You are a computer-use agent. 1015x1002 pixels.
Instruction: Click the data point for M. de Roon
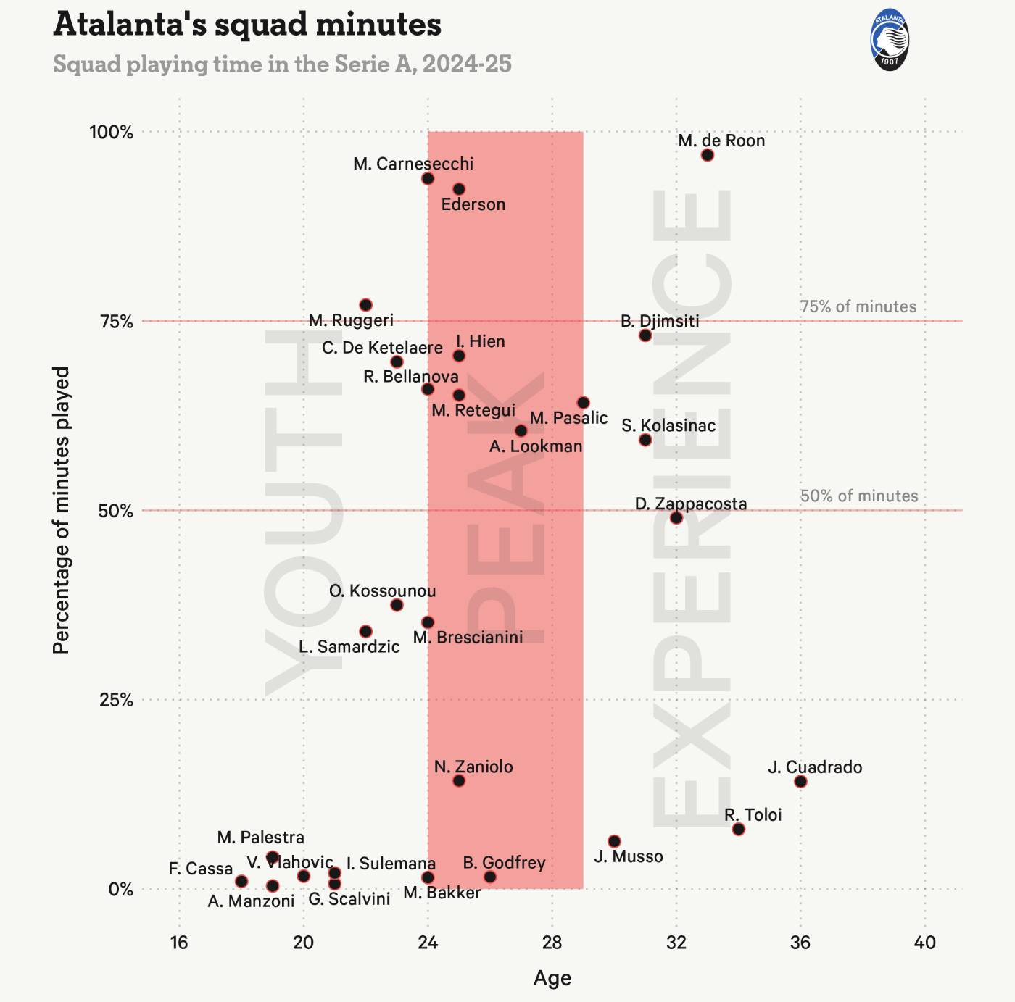pyautogui.click(x=708, y=155)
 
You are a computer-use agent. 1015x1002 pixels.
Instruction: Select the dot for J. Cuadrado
pyautogui.click(x=800, y=781)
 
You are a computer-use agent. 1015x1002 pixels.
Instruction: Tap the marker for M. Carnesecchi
pyautogui.click(x=428, y=178)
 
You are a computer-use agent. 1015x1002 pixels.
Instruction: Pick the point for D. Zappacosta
pyautogui.click(x=676, y=517)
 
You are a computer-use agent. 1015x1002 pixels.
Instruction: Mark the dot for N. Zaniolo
pyautogui.click(x=459, y=780)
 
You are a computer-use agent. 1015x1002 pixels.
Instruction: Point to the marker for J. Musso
pyautogui.click(x=614, y=841)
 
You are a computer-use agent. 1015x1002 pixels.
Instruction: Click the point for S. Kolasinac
pyautogui.click(x=645, y=440)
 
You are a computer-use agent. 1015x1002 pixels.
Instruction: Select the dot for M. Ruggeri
pyautogui.click(x=366, y=305)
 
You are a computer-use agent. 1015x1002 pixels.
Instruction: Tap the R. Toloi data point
pyautogui.click(x=738, y=829)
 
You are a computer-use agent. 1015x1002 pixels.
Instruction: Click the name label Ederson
pyautogui.click(x=473, y=204)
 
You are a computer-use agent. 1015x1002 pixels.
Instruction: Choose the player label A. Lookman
pyautogui.click(x=536, y=446)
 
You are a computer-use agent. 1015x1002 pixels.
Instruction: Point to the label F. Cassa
pyautogui.click(x=201, y=869)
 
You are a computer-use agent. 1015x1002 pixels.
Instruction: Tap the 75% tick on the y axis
pyautogui.click(x=116, y=322)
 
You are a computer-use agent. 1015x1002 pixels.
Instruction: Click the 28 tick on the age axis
pyautogui.click(x=552, y=943)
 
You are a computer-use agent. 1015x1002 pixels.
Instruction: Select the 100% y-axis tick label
pyautogui.click(x=112, y=133)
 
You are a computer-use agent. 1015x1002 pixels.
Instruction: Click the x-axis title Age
pyautogui.click(x=552, y=978)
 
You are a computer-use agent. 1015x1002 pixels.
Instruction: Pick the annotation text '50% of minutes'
pyautogui.click(x=859, y=496)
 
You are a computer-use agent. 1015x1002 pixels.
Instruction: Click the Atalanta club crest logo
pyautogui.click(x=889, y=41)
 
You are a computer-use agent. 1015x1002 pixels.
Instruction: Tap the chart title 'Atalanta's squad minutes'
pyautogui.click(x=247, y=25)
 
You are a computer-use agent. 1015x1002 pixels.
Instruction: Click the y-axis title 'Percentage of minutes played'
pyautogui.click(x=62, y=510)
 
